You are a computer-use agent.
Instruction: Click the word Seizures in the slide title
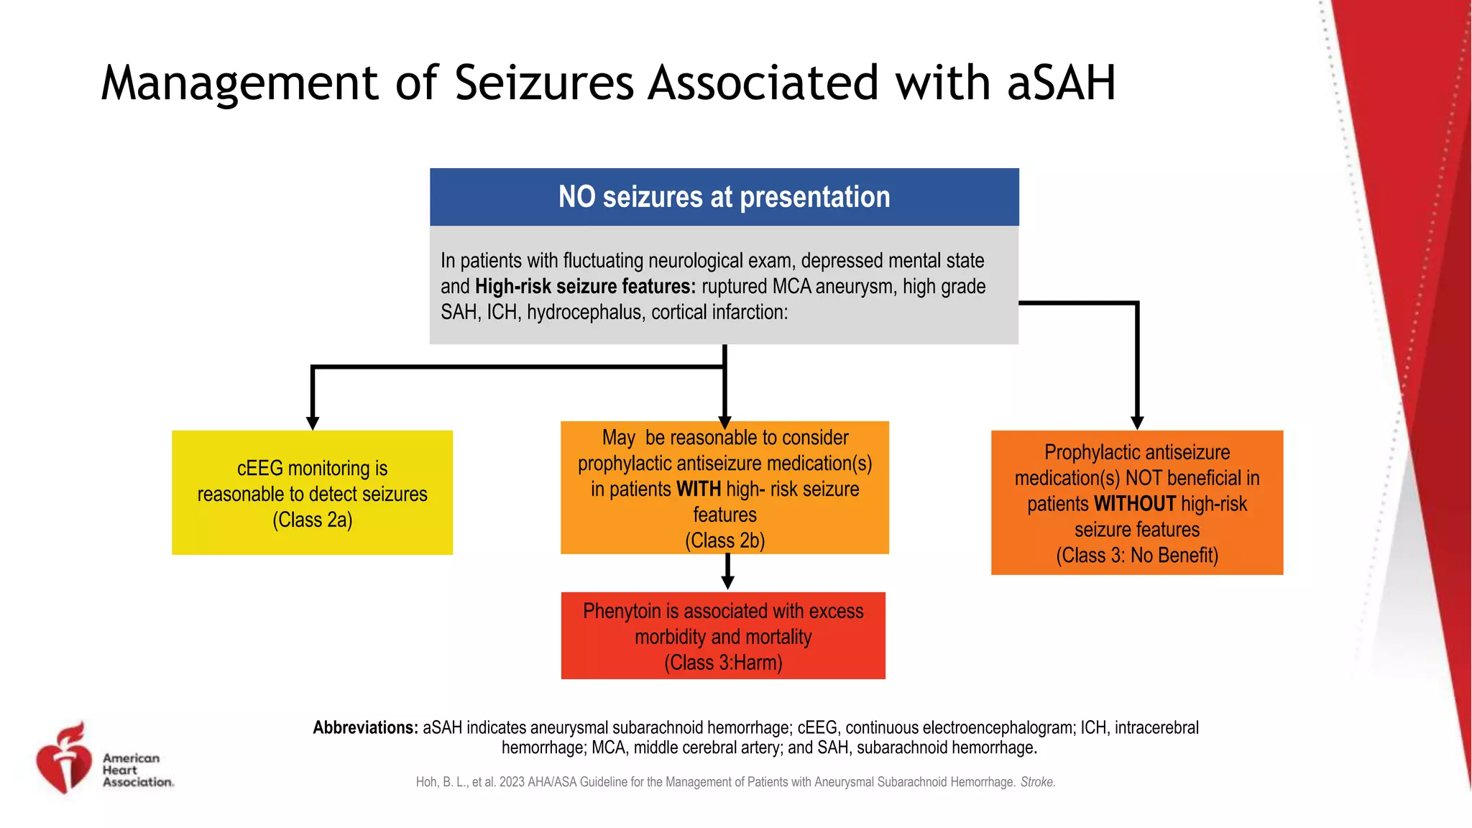click(544, 83)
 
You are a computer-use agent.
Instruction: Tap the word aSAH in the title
click(1061, 83)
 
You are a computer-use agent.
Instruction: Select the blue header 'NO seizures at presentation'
click(724, 197)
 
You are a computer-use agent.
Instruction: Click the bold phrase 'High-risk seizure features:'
click(585, 287)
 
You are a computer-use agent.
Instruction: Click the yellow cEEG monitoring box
click(312, 493)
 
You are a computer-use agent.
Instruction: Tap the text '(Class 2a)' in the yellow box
click(312, 520)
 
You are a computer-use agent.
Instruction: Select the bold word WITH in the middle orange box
click(698, 489)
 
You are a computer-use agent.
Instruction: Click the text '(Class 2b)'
click(724, 540)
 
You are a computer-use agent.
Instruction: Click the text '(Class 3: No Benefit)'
click(1136, 556)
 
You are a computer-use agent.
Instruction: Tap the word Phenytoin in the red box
click(621, 612)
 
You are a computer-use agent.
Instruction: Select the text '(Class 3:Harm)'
click(723, 663)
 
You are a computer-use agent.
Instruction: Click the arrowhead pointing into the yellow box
click(313, 423)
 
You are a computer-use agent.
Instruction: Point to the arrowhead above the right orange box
click(1137, 423)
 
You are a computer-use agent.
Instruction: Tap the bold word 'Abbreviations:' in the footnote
click(365, 727)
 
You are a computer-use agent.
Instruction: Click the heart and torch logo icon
click(65, 758)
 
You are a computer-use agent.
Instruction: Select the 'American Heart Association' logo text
click(137, 770)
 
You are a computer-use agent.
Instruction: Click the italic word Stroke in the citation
click(1037, 782)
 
